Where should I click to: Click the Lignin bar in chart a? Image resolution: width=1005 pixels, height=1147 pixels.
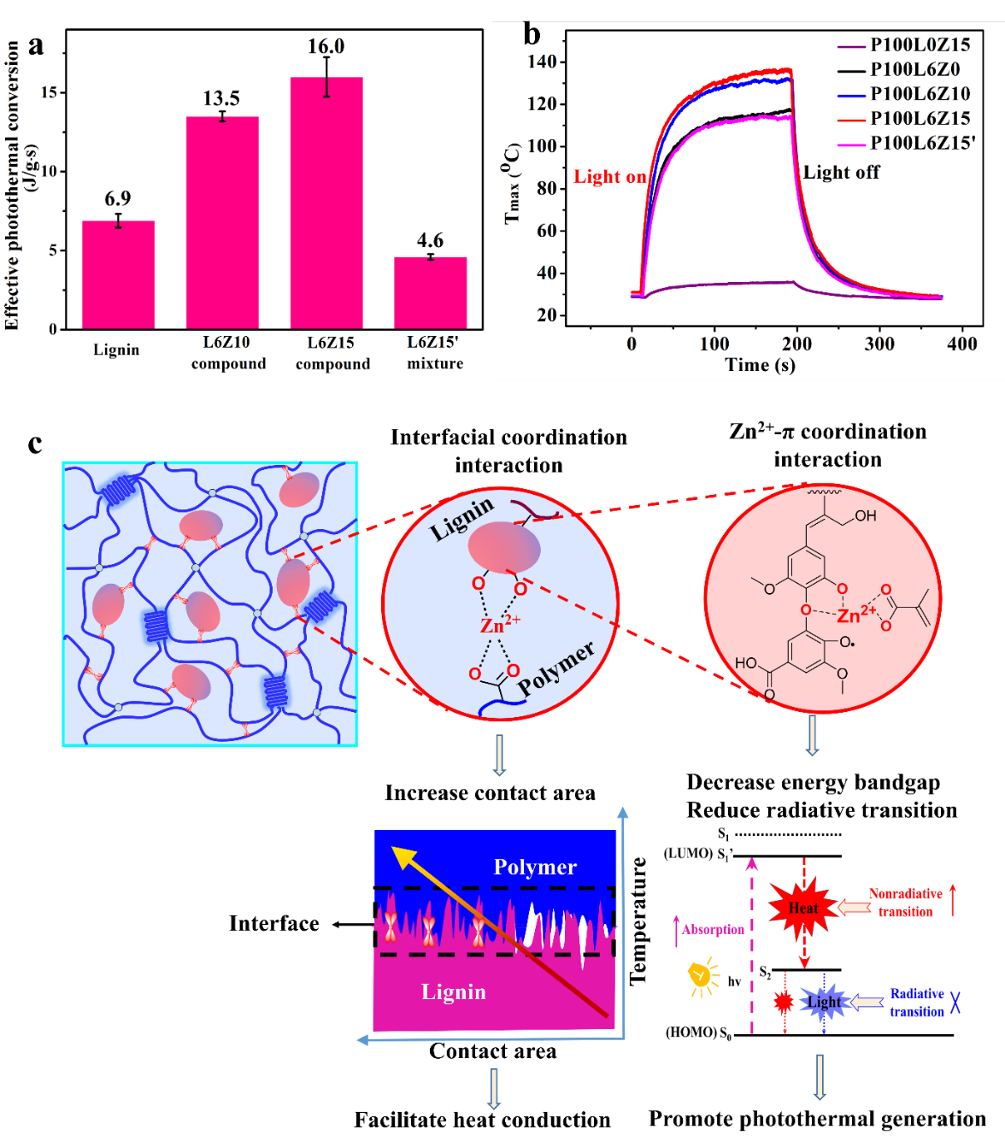tap(118, 274)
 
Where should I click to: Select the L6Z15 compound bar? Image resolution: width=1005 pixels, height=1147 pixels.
tap(326, 203)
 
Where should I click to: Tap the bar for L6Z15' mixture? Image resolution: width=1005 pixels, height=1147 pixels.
tap(430, 292)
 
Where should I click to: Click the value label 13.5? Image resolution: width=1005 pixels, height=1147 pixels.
tap(221, 99)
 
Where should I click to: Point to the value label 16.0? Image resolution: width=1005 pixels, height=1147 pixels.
tap(326, 46)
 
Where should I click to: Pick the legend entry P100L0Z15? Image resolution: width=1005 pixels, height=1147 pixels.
tap(920, 45)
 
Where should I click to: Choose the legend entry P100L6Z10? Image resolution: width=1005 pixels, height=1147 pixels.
tap(920, 94)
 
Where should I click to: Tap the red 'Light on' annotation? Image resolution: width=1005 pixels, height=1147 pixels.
tap(609, 177)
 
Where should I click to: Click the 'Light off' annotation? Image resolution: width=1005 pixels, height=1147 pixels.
tap(841, 173)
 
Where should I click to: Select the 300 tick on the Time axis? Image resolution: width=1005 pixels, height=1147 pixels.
tap(879, 344)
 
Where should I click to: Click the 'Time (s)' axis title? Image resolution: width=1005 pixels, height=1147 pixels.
tap(760, 365)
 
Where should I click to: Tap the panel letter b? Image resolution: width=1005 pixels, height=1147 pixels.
tap(532, 34)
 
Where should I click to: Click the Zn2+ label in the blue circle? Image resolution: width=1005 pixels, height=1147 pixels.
tap(500, 625)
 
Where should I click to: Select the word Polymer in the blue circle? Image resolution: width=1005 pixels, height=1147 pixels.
tap(555, 668)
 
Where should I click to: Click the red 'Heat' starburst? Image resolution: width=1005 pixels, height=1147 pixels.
tap(802, 908)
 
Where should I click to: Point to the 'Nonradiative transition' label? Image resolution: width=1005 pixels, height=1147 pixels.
tap(905, 903)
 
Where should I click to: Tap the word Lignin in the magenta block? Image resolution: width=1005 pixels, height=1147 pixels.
tap(453, 991)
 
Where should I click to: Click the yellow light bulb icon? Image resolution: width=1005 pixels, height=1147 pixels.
tap(702, 977)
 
